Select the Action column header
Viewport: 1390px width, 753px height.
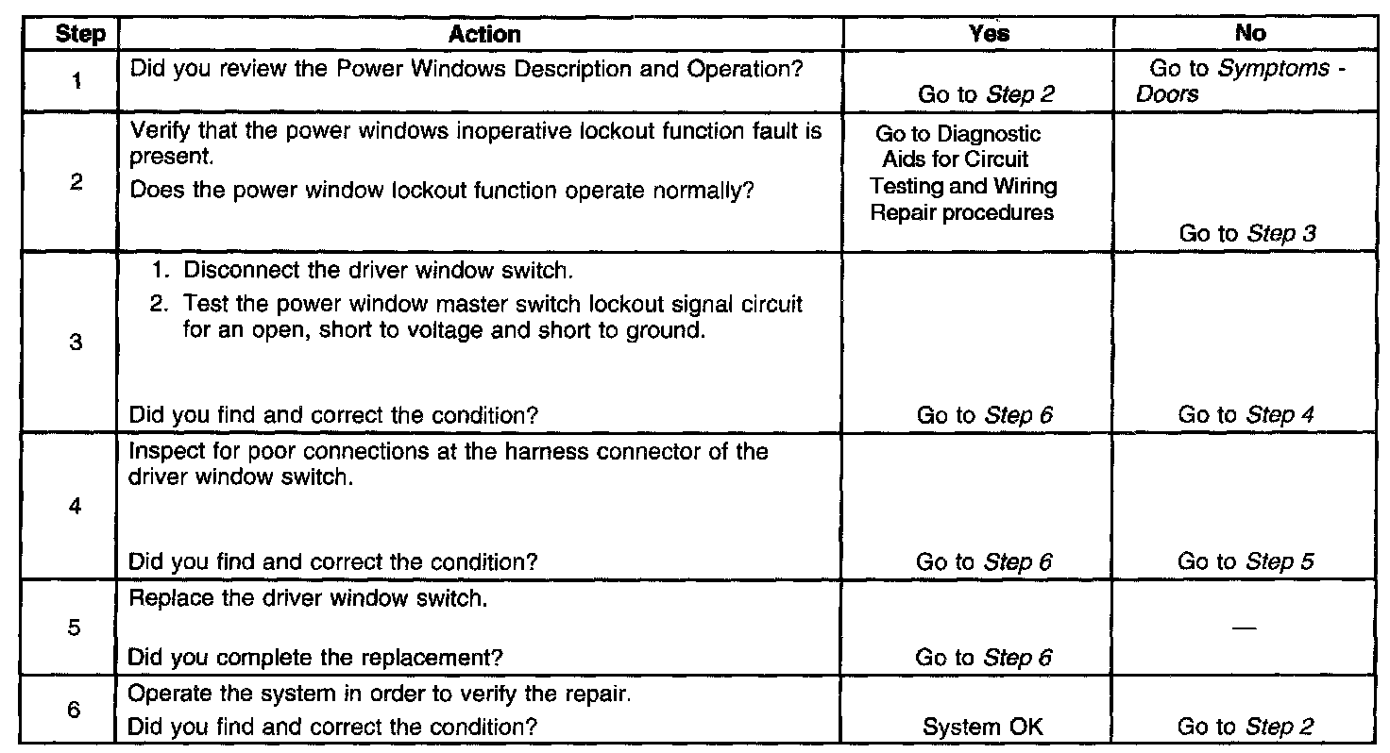point(484,35)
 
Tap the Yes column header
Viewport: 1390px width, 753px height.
point(989,34)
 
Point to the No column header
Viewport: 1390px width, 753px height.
point(1249,34)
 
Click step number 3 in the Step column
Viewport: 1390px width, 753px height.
point(75,343)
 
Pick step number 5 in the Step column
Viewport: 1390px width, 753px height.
point(73,628)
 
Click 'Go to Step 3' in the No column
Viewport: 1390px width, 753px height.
point(1247,234)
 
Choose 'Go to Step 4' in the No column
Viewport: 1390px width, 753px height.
point(1246,414)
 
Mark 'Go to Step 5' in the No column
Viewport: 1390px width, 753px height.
point(1246,561)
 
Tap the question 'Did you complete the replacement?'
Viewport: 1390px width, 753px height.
point(314,658)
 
